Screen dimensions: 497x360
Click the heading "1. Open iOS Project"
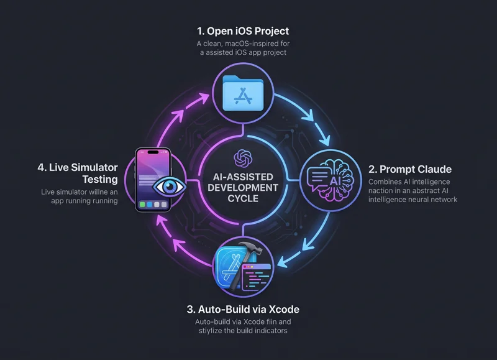tap(243, 31)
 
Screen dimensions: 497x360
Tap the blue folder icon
tap(243, 93)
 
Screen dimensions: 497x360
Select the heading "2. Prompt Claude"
tap(410, 169)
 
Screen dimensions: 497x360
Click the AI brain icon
tap(331, 180)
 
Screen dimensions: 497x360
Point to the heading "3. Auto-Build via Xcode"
tap(243, 309)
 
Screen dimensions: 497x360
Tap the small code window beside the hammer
tap(257, 277)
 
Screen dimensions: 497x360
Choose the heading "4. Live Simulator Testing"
tap(78, 173)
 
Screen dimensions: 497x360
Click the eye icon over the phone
tap(169, 187)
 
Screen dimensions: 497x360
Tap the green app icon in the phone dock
tap(142, 205)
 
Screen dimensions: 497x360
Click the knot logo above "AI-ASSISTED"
tap(243, 159)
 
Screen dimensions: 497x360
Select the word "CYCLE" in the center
tap(243, 198)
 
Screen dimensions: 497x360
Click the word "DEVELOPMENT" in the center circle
tap(243, 188)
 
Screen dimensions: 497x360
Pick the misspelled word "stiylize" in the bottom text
tap(212, 331)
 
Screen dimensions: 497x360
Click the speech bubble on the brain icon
tap(318, 178)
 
